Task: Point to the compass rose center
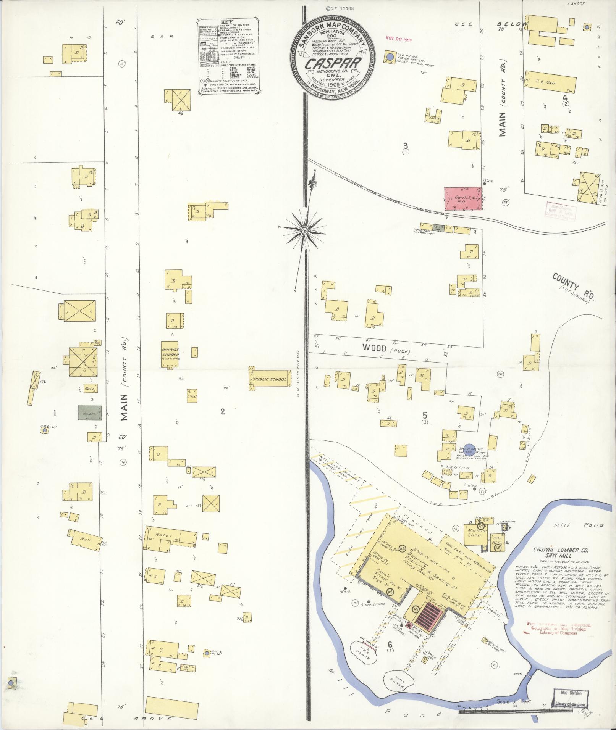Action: coord(305,231)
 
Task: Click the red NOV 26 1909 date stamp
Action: coord(399,39)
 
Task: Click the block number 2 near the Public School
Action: coord(222,411)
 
